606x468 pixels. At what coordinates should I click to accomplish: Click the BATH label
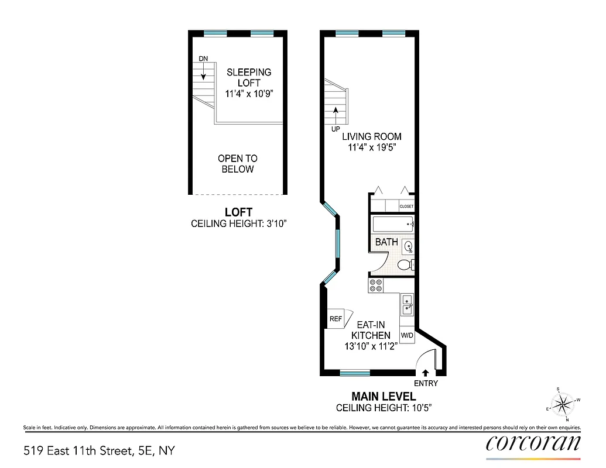point(386,242)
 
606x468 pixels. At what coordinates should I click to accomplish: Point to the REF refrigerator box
point(335,319)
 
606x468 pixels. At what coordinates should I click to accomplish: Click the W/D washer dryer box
point(407,336)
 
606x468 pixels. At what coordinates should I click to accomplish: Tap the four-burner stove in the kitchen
point(375,285)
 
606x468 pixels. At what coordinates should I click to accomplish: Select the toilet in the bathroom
point(405,266)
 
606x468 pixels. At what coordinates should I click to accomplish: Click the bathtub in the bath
point(392,224)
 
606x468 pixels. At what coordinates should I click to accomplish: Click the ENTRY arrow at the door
point(425,372)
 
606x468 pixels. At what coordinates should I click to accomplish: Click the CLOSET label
point(406,207)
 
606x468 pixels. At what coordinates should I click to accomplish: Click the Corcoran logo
point(533,443)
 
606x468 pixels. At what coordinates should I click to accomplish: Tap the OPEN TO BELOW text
point(237,164)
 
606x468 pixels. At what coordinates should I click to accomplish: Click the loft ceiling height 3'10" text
point(239,223)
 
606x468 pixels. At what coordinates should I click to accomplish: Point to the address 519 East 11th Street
point(99,450)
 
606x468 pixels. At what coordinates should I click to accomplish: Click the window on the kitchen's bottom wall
point(355,373)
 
